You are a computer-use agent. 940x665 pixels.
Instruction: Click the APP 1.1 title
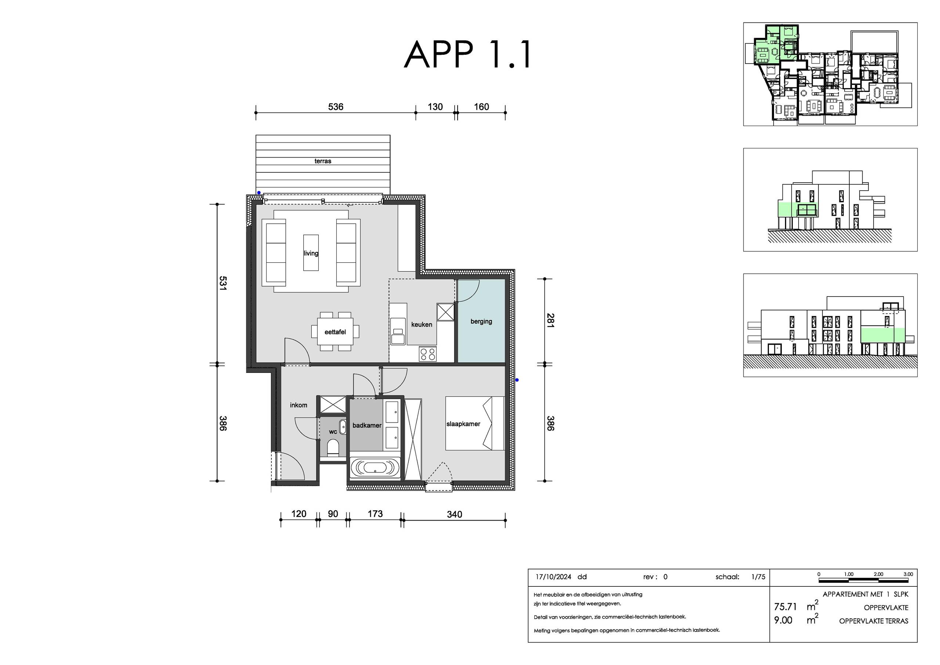pos(467,55)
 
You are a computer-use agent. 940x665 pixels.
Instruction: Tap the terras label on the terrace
pos(323,161)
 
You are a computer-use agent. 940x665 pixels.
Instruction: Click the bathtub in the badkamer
pos(375,467)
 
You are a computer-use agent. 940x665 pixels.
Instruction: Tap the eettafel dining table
pos(335,331)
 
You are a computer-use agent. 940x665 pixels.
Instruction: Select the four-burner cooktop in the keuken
pos(428,353)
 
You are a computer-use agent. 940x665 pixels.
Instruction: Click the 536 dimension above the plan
pos(336,107)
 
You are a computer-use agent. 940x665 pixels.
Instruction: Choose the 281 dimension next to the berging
pos(551,320)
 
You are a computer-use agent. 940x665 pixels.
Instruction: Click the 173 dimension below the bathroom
pos(375,514)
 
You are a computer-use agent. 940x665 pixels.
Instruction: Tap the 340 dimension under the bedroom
pos(455,514)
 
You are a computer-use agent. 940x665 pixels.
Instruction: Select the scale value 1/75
pos(758,577)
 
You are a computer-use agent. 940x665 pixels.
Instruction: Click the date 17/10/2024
pos(553,577)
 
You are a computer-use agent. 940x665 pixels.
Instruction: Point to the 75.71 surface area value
pos(785,607)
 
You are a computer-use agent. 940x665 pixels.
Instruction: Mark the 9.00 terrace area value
pos(783,620)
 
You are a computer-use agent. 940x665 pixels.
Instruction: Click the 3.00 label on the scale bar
pos(908,574)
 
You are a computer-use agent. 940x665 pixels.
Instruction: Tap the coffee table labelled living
pos(311,253)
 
